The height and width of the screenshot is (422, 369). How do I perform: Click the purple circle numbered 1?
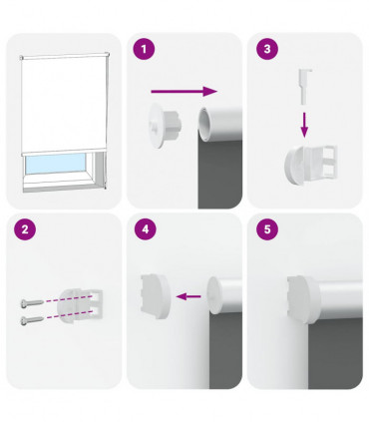[147, 47]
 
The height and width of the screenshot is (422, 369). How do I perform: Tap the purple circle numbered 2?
[25, 229]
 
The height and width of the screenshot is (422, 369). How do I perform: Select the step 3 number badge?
[266, 47]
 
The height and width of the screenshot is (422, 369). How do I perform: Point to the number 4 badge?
[147, 229]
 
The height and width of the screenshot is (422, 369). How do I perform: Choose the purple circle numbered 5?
[266, 229]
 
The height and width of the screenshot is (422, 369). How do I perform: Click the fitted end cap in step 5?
[303, 296]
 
